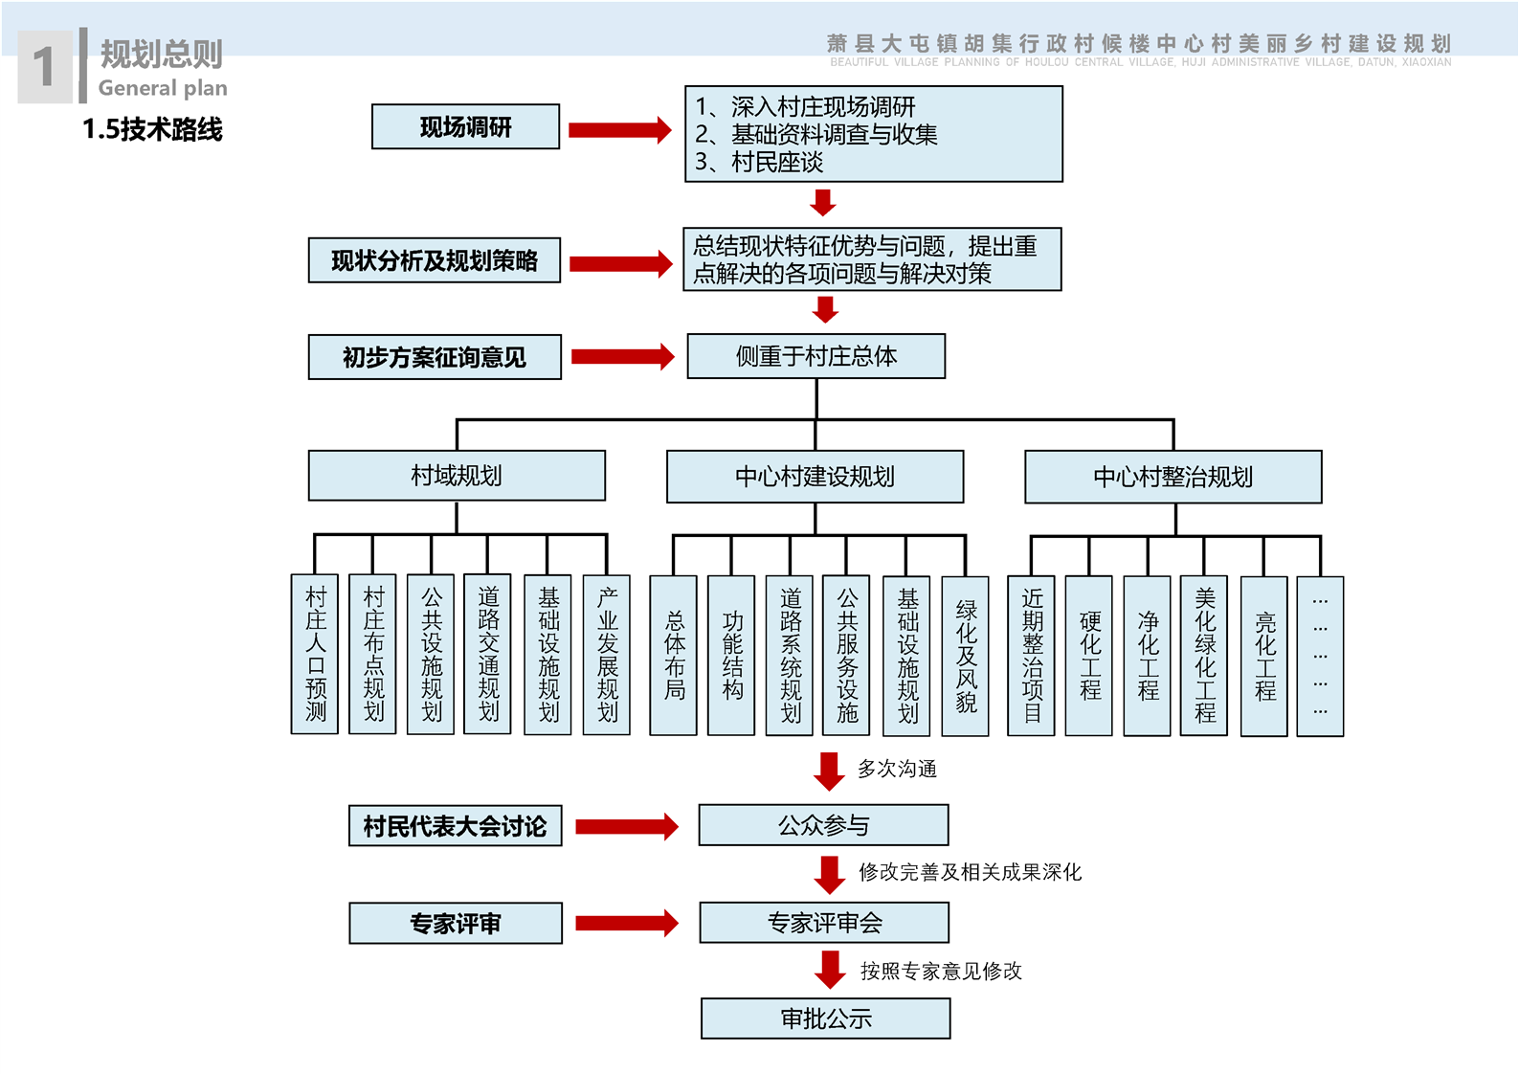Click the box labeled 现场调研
click(x=465, y=127)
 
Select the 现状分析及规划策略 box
click(x=434, y=260)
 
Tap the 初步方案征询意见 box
click(x=435, y=357)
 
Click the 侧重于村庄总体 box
click(x=815, y=356)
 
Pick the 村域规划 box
click(x=457, y=476)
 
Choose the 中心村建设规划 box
click(x=815, y=477)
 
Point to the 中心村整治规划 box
click(x=1173, y=477)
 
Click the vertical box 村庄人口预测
click(x=315, y=654)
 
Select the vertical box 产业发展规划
click(x=607, y=655)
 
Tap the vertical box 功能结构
click(x=732, y=655)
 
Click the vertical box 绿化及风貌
click(x=966, y=656)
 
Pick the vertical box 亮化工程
click(x=1264, y=656)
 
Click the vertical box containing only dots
click(x=1320, y=656)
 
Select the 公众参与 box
click(x=823, y=825)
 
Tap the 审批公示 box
click(x=825, y=1018)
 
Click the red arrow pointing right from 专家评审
click(x=627, y=923)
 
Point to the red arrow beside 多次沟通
click(x=829, y=771)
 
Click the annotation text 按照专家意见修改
click(x=941, y=972)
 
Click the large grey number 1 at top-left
click(x=44, y=67)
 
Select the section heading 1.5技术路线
click(x=152, y=129)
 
